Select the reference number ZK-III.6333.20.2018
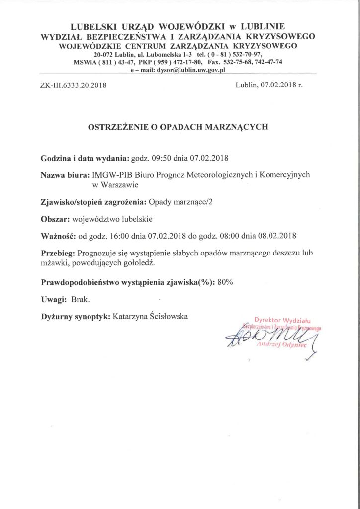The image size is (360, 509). coord(73,85)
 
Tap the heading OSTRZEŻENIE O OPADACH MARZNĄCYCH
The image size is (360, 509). coord(178,127)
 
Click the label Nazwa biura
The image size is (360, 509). coord(64,175)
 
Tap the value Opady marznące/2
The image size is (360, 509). coord(177,202)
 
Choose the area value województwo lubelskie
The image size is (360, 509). coord(111,219)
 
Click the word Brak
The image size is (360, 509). coord(81,299)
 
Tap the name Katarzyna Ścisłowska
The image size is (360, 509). coord(151,316)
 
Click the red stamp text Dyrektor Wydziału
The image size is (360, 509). coord(281,320)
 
